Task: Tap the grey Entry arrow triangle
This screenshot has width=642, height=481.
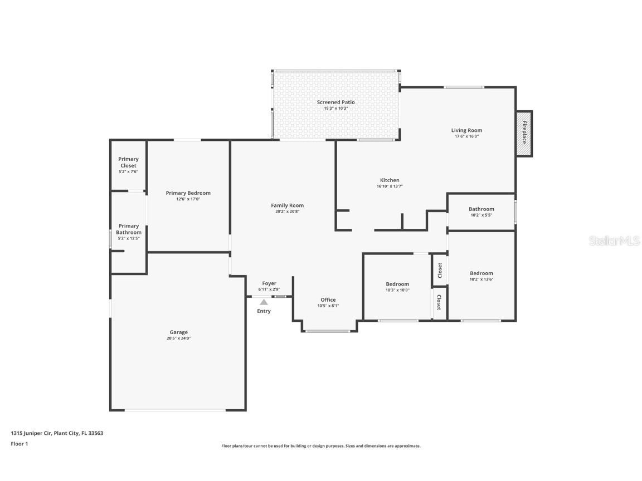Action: [x=264, y=302]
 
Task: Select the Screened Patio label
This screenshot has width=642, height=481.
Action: [x=335, y=102]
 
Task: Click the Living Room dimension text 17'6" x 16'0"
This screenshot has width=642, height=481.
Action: [x=466, y=136]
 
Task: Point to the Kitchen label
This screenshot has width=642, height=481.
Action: [x=390, y=180]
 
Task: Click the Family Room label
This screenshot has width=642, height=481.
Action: [x=287, y=205]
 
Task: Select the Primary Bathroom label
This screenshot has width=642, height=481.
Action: [x=128, y=229]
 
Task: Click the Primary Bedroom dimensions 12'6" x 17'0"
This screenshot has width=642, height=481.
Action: [x=188, y=199]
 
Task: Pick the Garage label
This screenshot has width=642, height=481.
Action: [x=178, y=332]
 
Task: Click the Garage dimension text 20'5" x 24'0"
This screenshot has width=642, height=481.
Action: [x=178, y=338]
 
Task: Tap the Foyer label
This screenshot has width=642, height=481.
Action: [x=269, y=283]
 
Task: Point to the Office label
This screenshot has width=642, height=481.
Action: [x=328, y=300]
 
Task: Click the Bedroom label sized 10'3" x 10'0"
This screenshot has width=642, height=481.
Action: [x=397, y=284]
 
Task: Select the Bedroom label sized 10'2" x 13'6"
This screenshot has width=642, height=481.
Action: [x=481, y=273]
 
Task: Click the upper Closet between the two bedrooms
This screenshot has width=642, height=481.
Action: [x=440, y=270]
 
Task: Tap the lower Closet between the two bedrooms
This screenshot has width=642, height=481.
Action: [x=439, y=303]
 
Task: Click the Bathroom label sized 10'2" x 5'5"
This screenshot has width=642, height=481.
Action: [x=481, y=209]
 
